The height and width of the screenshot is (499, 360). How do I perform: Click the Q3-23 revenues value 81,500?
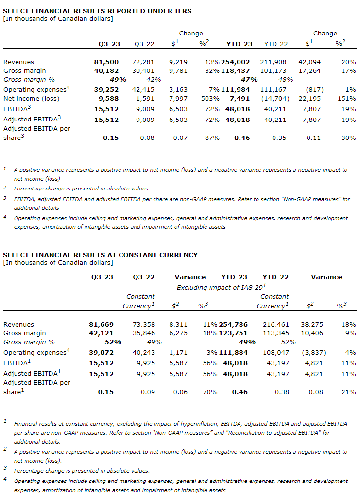pos(106,62)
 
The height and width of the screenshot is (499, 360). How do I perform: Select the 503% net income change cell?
pos(211,98)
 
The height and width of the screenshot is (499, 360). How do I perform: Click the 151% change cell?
pos(348,98)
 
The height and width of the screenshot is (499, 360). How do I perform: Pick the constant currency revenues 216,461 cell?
pos(276,324)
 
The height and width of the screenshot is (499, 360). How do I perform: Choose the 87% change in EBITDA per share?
pos(212,138)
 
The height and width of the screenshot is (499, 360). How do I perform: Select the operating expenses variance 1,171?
pos(182,352)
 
